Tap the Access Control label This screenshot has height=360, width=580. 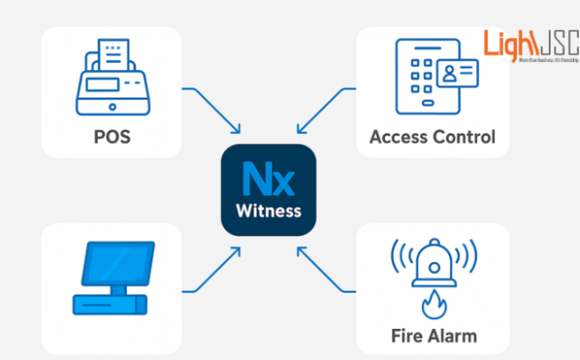(x=432, y=137)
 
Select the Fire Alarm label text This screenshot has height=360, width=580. (x=434, y=335)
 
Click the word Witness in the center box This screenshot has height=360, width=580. (x=268, y=211)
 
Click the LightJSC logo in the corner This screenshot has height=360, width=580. (x=529, y=44)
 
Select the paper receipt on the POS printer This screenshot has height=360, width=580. (x=113, y=55)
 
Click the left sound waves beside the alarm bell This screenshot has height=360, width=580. (x=401, y=259)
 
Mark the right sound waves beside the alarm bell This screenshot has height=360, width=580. (x=466, y=259)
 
